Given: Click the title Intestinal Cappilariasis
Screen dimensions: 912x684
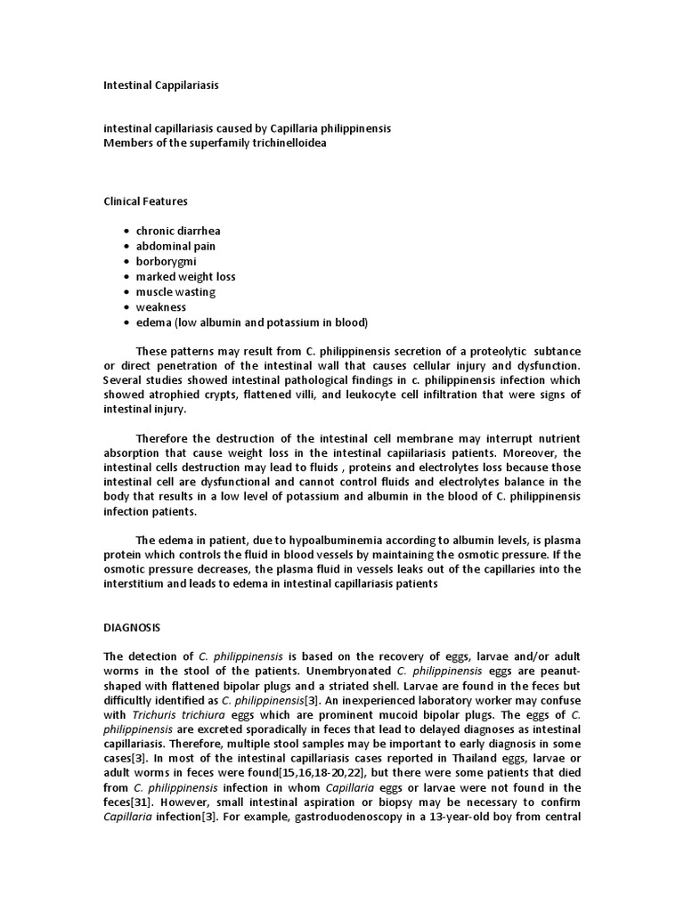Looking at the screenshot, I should (161, 86).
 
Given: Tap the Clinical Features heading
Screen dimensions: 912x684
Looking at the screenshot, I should (146, 201).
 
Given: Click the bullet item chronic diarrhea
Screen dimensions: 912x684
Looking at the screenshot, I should (178, 231).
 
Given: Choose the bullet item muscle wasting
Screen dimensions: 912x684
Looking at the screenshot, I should (175, 291).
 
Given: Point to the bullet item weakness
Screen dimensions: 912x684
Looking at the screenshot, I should (161, 306).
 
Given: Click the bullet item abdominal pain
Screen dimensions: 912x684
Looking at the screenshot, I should (175, 246).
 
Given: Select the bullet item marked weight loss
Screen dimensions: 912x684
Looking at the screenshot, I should (185, 276).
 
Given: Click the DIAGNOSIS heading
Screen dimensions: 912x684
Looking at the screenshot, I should (133, 627).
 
